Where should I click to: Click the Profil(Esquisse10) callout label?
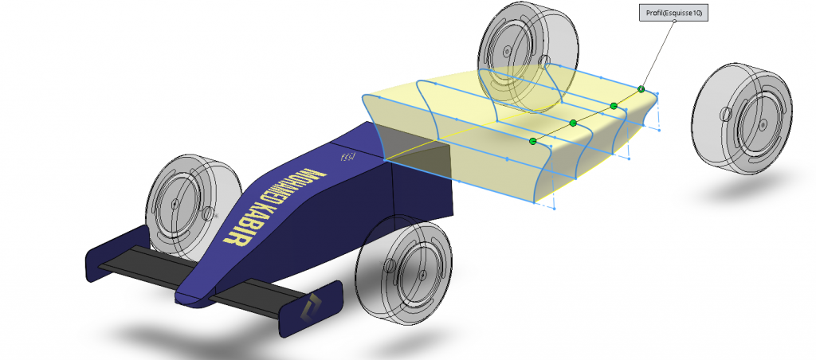pyautogui.click(x=674, y=14)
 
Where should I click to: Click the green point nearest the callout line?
pyautogui.click(x=641, y=89)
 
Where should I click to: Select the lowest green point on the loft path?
pyautogui.click(x=532, y=141)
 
